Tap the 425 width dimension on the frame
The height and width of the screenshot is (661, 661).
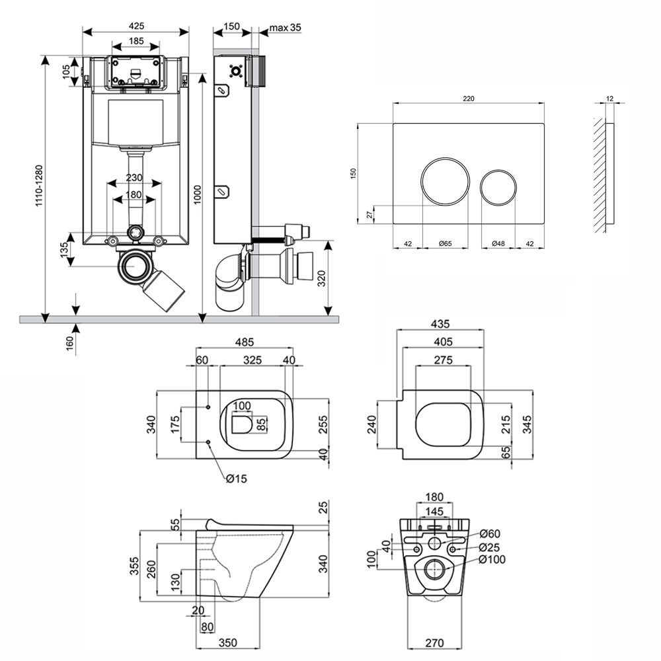[x=137, y=26]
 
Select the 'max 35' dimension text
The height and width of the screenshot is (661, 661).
[x=286, y=27]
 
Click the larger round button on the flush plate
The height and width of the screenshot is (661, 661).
[x=445, y=181]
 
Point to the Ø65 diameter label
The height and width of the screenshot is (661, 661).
[x=444, y=244]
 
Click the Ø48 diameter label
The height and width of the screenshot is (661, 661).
[x=498, y=244]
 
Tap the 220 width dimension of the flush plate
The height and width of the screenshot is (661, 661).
[x=468, y=98]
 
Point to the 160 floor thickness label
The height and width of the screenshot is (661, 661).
[x=69, y=341]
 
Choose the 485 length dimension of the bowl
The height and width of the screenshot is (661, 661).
[x=244, y=342]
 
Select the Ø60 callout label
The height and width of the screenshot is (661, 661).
[x=488, y=533]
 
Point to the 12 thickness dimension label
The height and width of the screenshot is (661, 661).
[x=609, y=98]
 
